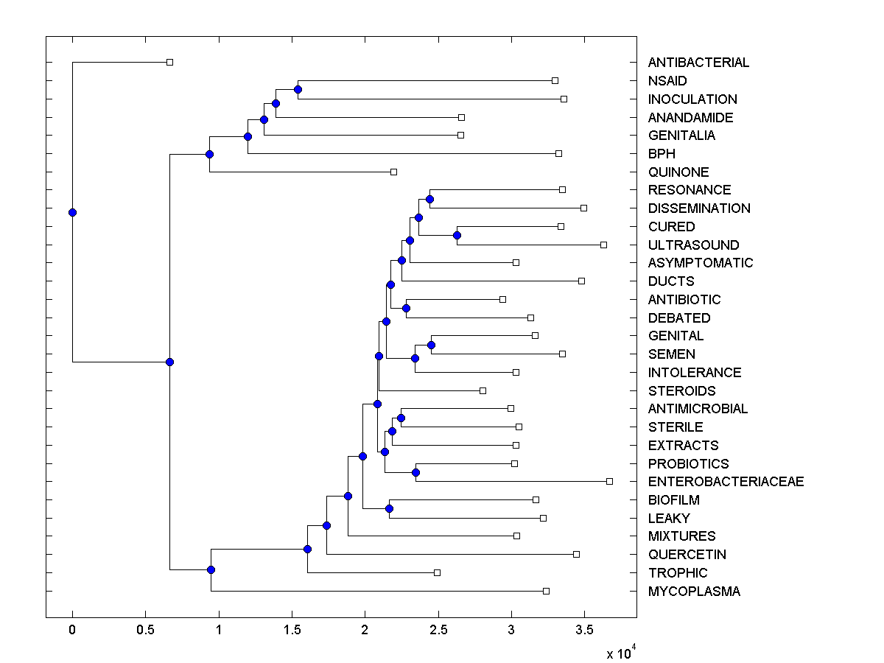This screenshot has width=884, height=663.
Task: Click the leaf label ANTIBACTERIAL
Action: click(698, 63)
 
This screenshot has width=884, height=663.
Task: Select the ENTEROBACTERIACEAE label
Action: click(726, 482)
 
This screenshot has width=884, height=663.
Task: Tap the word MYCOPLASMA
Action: click(694, 592)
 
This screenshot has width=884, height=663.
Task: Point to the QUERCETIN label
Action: click(687, 555)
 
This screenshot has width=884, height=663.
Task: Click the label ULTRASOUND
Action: click(693, 245)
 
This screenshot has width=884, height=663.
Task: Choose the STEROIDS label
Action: click(681, 391)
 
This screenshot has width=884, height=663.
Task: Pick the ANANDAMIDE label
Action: click(690, 118)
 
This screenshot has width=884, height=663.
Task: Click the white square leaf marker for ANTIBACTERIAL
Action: click(169, 62)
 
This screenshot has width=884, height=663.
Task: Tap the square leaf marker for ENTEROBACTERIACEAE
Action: click(609, 481)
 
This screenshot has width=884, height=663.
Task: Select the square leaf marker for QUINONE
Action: click(393, 172)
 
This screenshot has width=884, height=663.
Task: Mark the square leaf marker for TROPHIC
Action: click(437, 572)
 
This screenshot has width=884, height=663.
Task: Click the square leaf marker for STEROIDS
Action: click(483, 390)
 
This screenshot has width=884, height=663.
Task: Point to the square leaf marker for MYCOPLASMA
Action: click(546, 591)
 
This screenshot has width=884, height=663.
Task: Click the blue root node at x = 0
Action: click(72, 212)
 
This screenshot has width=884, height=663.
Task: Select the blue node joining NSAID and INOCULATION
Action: click(298, 89)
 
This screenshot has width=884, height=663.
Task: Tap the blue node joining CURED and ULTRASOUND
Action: click(457, 235)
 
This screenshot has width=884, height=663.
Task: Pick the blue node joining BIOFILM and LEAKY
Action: click(389, 508)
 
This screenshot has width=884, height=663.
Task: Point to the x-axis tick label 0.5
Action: click(145, 631)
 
